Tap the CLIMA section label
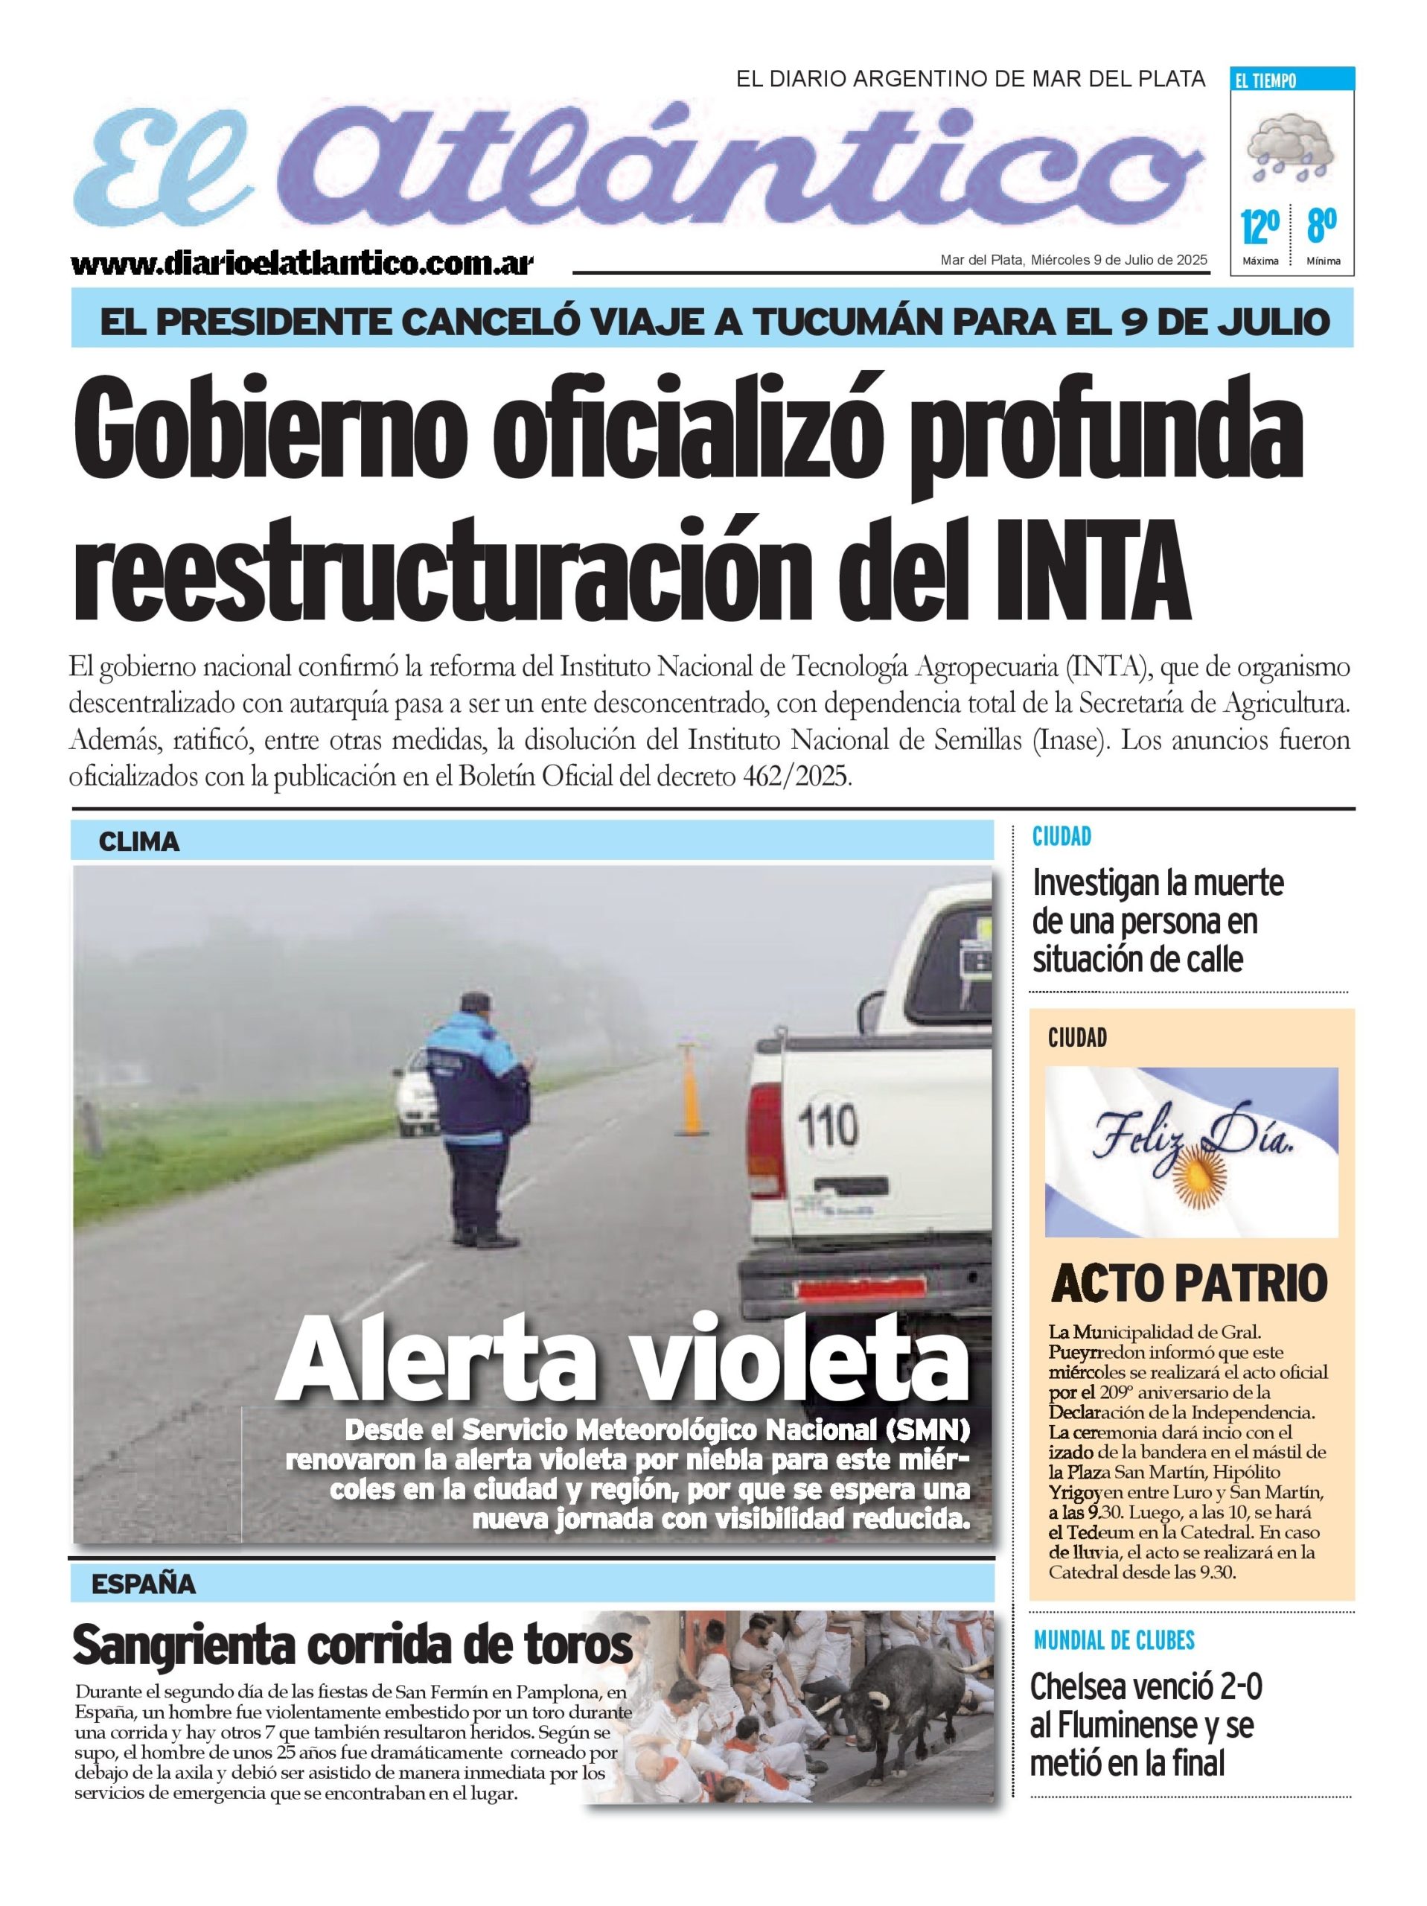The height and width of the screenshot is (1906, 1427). pyautogui.click(x=138, y=842)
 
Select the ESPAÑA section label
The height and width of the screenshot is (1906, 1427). pyautogui.click(x=143, y=1584)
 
